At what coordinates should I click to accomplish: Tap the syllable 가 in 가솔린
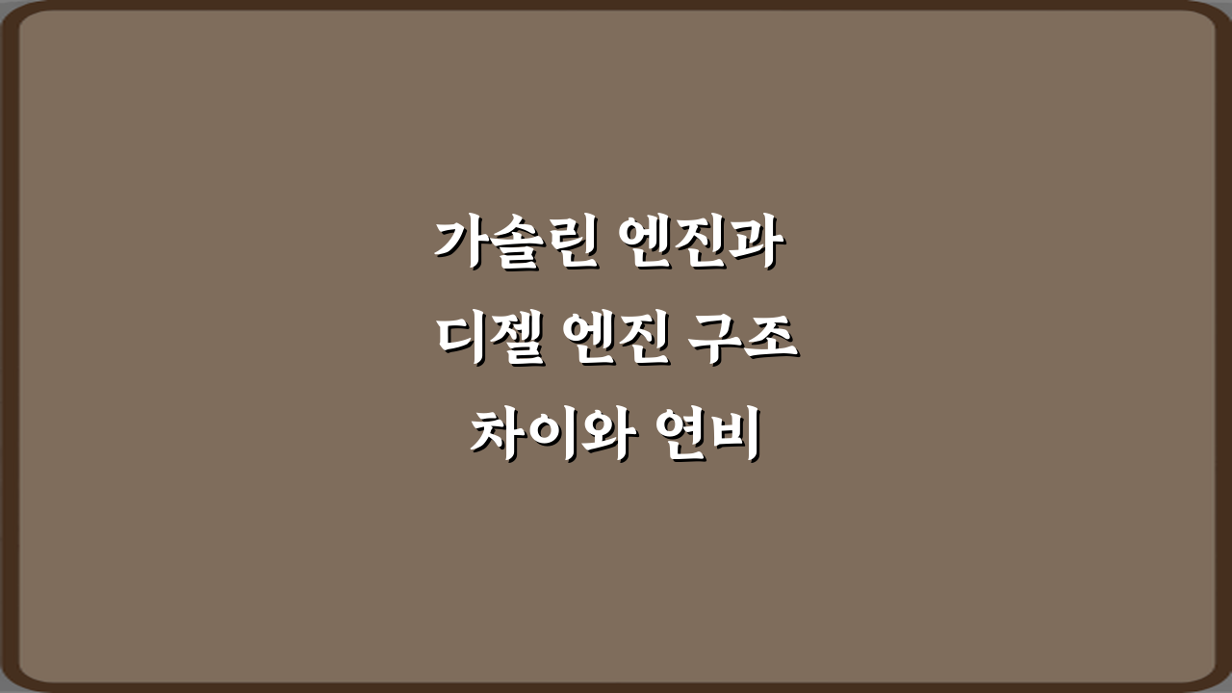coord(460,243)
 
